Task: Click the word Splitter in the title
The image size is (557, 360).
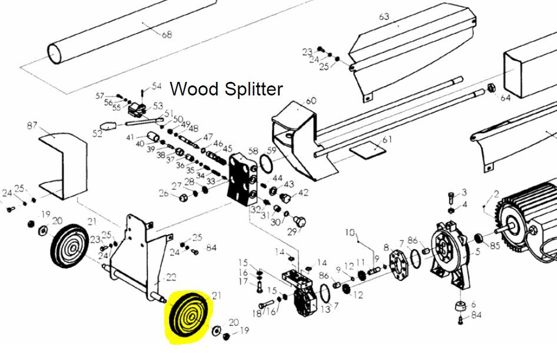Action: (x=254, y=89)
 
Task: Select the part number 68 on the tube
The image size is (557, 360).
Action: (x=167, y=34)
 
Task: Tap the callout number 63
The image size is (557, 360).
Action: (x=384, y=16)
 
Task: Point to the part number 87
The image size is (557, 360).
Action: (x=32, y=125)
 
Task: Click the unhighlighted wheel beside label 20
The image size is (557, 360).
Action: (x=69, y=246)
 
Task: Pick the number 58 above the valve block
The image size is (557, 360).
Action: (x=253, y=151)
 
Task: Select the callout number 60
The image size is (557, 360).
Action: (x=311, y=101)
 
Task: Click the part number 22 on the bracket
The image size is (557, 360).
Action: (x=171, y=277)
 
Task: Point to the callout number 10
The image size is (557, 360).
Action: (x=350, y=233)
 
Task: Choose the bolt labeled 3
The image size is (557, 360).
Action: (x=452, y=197)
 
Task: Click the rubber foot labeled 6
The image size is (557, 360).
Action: (x=460, y=306)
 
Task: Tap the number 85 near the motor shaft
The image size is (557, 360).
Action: (x=495, y=245)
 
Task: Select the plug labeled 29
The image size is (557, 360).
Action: (x=300, y=222)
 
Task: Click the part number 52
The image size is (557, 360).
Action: (x=97, y=134)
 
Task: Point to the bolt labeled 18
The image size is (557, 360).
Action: (x=266, y=305)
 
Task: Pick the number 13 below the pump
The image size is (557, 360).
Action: (x=326, y=309)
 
